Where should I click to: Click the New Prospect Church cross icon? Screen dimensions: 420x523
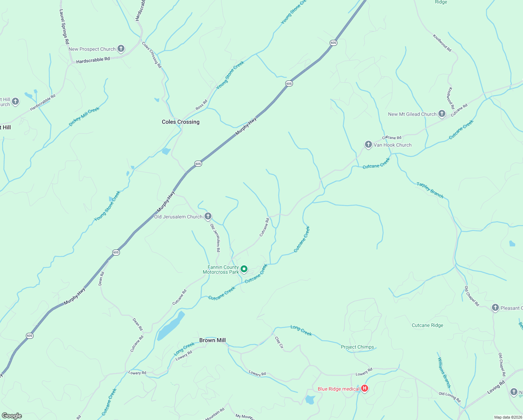(x=121, y=49)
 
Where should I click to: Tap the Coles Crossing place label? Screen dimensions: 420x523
(x=180, y=122)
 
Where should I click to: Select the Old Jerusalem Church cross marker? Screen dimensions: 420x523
(x=208, y=216)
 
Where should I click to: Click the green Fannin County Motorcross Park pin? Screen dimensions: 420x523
(x=244, y=269)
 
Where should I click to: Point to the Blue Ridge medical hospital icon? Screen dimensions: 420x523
(x=365, y=388)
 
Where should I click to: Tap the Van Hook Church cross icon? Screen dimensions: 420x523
(x=368, y=145)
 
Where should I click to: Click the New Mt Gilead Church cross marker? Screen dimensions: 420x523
(x=442, y=114)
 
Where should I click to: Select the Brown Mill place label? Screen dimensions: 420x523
(x=212, y=340)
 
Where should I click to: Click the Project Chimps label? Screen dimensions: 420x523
(x=357, y=347)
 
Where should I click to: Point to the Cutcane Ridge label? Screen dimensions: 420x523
(x=427, y=325)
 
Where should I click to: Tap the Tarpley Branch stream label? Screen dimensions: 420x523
(x=430, y=190)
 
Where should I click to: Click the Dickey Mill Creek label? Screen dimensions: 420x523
(x=84, y=116)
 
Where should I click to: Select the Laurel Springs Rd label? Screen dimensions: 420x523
(x=64, y=27)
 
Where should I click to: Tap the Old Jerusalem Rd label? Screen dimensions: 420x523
(x=215, y=238)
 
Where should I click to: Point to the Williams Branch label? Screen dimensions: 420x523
(x=444, y=372)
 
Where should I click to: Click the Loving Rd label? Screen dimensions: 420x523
(x=496, y=387)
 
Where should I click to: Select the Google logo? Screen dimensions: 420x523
(x=12, y=416)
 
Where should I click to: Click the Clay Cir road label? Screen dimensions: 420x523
(x=279, y=343)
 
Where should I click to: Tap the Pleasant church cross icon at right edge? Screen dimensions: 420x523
(x=495, y=308)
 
